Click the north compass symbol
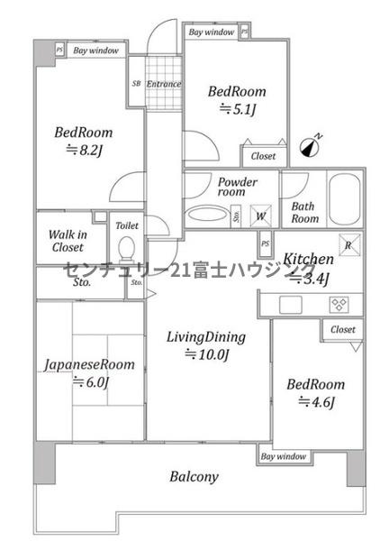click(310, 147)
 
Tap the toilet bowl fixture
click(126, 249)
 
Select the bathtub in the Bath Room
click(344, 199)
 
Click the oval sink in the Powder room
click(206, 214)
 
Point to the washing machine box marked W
click(261, 216)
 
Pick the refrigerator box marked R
click(349, 245)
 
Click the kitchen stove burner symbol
click(339, 305)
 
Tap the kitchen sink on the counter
click(291, 305)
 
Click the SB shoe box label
click(137, 84)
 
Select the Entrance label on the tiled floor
click(164, 84)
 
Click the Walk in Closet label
click(68, 241)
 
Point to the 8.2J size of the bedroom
click(85, 151)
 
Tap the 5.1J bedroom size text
click(238, 110)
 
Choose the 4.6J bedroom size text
click(316, 402)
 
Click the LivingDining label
click(206, 337)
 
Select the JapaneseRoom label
click(89, 364)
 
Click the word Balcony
click(194, 477)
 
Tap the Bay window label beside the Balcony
click(283, 456)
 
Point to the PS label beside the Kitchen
click(265, 243)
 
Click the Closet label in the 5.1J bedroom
click(263, 156)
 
